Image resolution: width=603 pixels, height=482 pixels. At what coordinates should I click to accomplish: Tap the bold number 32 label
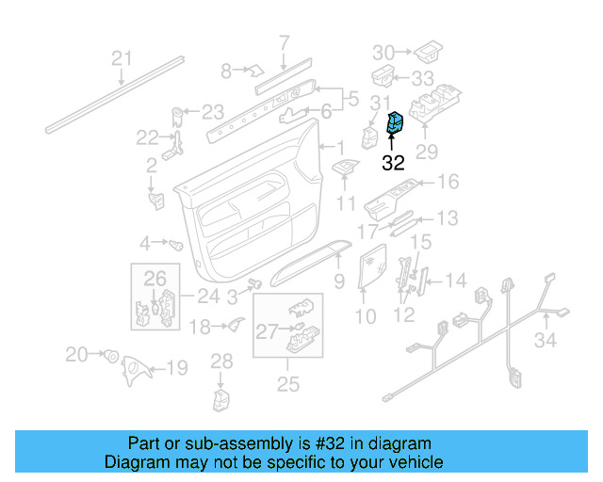pyautogui.click(x=393, y=162)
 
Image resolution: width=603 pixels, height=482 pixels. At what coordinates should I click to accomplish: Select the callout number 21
pyautogui.click(x=122, y=58)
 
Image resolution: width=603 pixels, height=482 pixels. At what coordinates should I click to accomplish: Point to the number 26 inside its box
pyautogui.click(x=154, y=278)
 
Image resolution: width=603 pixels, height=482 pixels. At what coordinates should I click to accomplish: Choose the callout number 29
pyautogui.click(x=427, y=152)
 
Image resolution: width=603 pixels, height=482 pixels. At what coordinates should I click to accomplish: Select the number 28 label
pyautogui.click(x=220, y=361)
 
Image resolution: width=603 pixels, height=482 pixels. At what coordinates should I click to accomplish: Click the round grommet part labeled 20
pyautogui.click(x=110, y=357)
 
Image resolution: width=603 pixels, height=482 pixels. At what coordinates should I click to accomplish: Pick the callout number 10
pyautogui.click(x=365, y=317)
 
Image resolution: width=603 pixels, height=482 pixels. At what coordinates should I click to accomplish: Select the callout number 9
pyautogui.click(x=338, y=280)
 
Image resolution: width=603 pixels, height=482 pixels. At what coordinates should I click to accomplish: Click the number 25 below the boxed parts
pyautogui.click(x=287, y=383)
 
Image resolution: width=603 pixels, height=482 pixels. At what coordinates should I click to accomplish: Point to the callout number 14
pyautogui.click(x=455, y=280)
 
